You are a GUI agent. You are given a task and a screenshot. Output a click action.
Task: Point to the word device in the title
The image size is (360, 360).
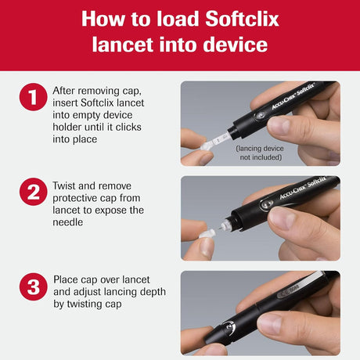pos(238,45)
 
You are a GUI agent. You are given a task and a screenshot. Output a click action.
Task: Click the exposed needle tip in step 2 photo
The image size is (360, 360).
pos(229,225)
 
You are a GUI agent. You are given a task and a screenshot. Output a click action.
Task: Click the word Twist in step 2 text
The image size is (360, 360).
pos(68,186)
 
